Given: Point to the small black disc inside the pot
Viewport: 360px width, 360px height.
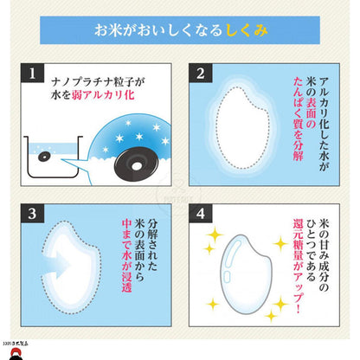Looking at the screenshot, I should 43,157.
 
